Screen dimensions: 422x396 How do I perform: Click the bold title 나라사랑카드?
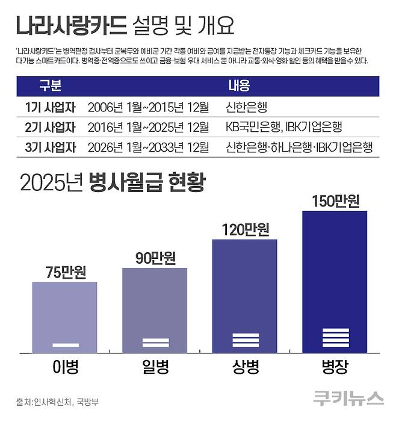(70, 26)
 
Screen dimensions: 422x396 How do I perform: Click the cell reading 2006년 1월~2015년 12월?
(148, 108)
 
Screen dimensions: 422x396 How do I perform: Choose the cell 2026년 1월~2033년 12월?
(148, 147)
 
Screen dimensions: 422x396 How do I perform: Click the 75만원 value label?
(66, 272)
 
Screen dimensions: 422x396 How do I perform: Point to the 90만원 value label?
(155, 258)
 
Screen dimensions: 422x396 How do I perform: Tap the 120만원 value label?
(244, 229)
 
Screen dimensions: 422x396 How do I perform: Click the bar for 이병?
(65, 316)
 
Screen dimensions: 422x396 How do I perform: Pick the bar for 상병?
(244, 295)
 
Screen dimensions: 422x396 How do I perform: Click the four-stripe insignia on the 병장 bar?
(335, 338)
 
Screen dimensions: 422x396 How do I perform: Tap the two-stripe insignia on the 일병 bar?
(155, 343)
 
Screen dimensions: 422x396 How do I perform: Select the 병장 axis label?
(335, 367)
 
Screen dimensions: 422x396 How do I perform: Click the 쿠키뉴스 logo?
(348, 398)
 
